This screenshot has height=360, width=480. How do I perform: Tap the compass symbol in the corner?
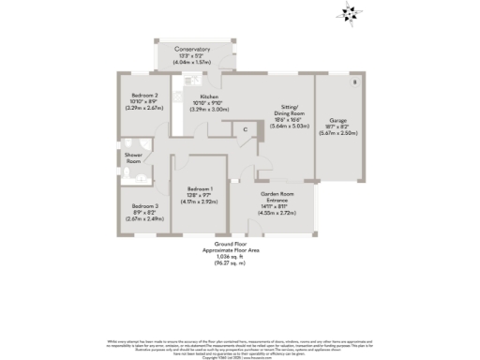(x=352, y=12)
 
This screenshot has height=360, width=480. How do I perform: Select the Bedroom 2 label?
(x=143, y=96)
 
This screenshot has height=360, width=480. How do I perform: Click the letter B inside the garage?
(x=353, y=83)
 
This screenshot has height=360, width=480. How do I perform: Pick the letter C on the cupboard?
(x=245, y=129)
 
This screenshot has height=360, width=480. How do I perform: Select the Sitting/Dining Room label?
(x=290, y=110)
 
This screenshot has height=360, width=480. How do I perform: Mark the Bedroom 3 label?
(x=143, y=206)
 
